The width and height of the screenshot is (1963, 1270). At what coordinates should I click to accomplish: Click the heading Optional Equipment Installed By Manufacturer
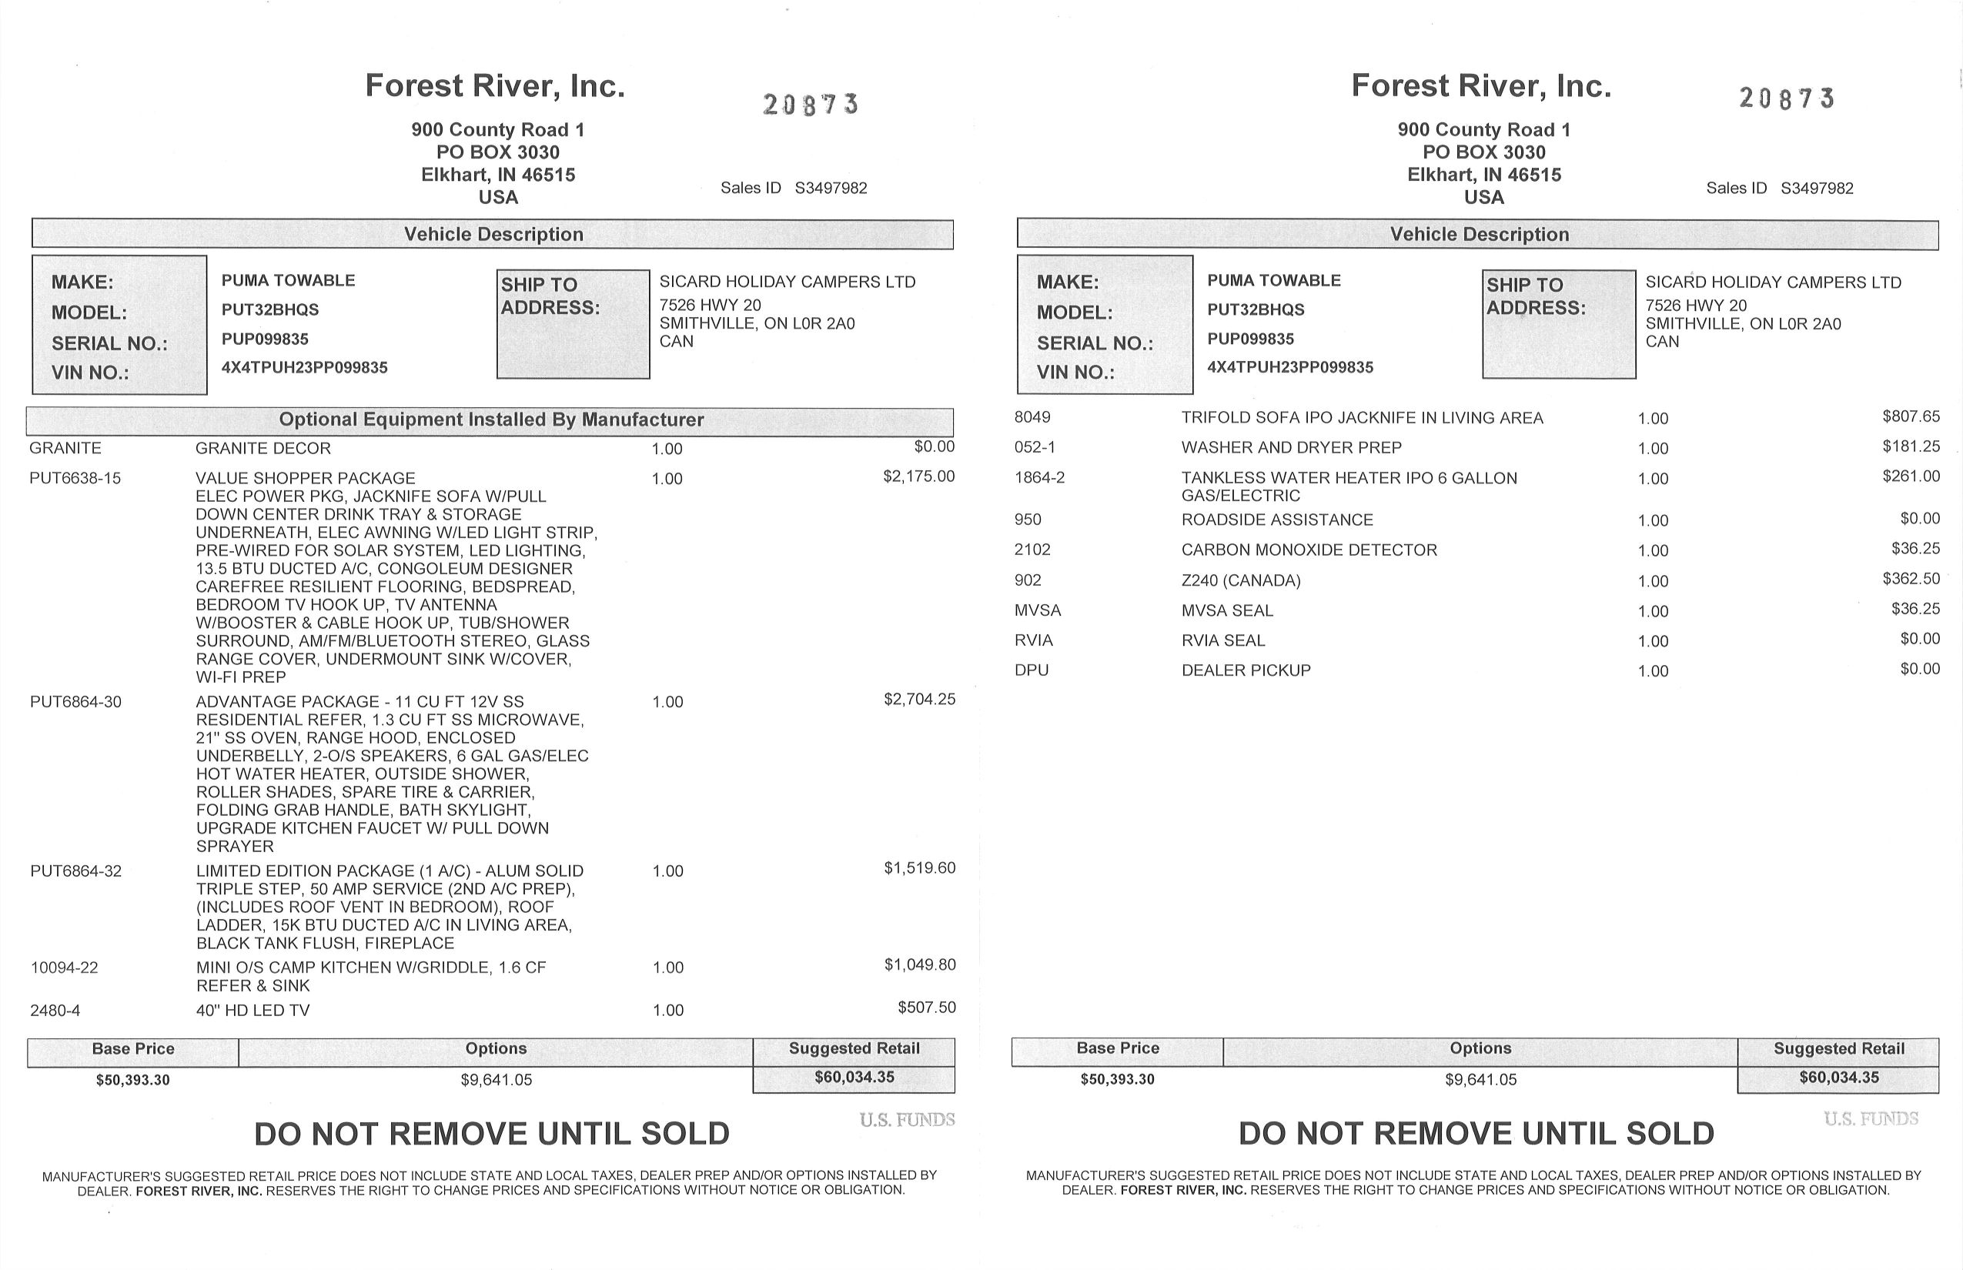[x=491, y=419]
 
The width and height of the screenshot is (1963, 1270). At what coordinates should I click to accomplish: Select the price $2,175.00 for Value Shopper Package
[x=919, y=476]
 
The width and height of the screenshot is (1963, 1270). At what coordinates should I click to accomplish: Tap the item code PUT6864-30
[x=76, y=703]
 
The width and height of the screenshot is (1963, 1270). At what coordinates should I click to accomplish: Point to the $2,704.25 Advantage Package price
[x=920, y=700]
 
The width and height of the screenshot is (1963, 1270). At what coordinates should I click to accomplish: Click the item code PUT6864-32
[x=76, y=871]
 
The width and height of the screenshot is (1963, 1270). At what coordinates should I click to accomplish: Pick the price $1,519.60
[x=920, y=868]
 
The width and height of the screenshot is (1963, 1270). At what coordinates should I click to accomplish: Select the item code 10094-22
[x=65, y=968]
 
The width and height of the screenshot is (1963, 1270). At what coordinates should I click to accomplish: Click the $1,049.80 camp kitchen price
[x=920, y=965]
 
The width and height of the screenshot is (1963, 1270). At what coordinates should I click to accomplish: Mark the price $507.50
[x=926, y=1008]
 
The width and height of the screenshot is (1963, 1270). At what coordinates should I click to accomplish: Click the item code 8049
[x=1032, y=418]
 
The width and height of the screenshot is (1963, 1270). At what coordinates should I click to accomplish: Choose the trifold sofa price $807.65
[x=1910, y=416]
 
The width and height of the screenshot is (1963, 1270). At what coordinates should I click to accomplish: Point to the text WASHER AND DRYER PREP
[x=1291, y=448]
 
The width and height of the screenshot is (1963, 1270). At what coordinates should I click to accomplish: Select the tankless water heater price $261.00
[x=1910, y=476]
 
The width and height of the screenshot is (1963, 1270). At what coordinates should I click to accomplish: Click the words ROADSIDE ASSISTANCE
[x=1277, y=520]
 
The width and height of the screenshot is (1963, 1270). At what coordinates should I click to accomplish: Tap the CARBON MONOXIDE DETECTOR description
[x=1309, y=550]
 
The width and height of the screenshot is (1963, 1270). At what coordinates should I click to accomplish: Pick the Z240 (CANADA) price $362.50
[x=1910, y=579]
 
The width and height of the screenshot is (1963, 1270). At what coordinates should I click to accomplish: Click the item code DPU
[x=1032, y=670]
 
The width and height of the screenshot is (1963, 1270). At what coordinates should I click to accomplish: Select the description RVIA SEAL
[x=1222, y=640]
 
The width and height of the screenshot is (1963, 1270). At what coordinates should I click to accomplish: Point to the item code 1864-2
[x=1039, y=478]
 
